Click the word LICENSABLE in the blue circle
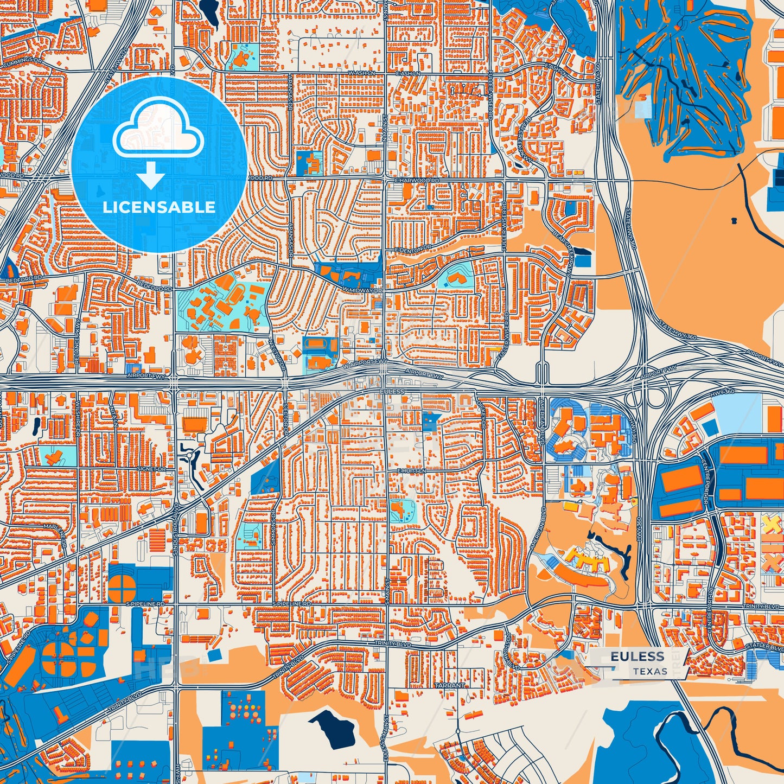(x=159, y=207)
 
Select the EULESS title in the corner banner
(x=637, y=656)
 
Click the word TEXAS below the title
(x=649, y=671)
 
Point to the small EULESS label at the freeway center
(x=392, y=391)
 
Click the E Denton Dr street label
(x=413, y=247)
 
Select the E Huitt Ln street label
(x=412, y=471)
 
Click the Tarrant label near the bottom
(x=449, y=685)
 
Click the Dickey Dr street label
(x=482, y=415)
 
